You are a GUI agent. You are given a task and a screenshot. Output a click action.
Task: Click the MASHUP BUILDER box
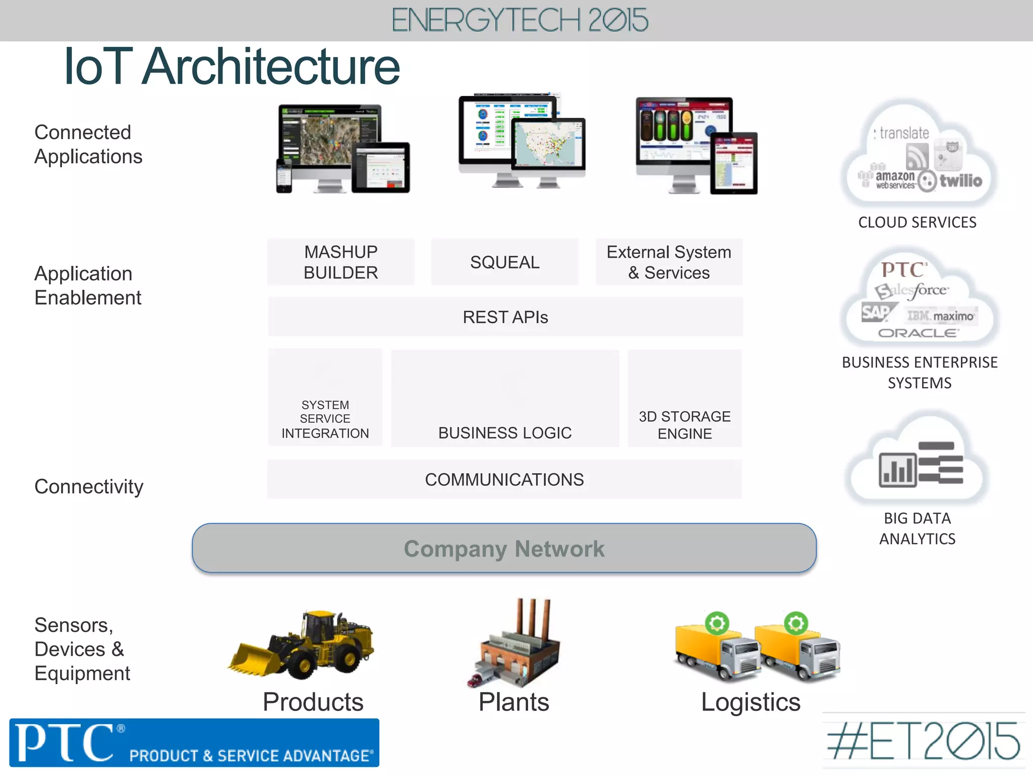click(341, 262)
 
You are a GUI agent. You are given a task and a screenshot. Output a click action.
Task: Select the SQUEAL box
click(504, 262)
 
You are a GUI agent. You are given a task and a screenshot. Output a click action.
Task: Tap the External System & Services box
click(669, 262)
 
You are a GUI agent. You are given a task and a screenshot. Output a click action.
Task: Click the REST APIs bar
click(505, 317)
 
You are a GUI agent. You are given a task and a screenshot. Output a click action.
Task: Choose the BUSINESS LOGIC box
click(505, 399)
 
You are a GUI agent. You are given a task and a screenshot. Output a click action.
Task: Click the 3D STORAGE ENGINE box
click(684, 399)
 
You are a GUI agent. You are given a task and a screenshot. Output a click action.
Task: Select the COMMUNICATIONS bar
click(504, 479)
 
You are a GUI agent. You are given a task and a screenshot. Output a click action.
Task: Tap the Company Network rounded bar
click(504, 548)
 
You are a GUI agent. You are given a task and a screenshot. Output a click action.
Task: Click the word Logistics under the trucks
click(751, 702)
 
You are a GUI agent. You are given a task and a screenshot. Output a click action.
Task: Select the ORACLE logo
click(918, 333)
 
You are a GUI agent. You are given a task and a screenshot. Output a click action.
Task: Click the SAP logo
click(877, 313)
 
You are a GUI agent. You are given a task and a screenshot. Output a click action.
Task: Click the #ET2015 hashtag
click(923, 742)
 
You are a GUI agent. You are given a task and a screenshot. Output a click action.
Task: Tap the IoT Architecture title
click(232, 67)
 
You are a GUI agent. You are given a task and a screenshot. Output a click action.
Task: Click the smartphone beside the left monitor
click(284, 176)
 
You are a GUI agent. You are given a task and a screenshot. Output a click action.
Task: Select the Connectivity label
click(89, 487)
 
